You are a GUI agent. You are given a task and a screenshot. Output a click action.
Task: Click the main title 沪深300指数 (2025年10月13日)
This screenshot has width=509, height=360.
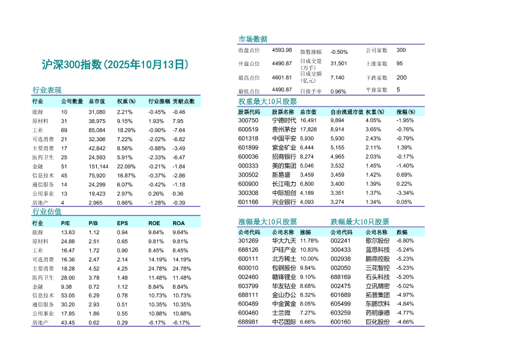(x=115, y=64)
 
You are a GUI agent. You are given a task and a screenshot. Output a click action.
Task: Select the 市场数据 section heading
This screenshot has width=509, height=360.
(x=253, y=39)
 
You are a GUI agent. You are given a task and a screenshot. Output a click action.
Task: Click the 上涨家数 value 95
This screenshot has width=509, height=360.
(x=399, y=64)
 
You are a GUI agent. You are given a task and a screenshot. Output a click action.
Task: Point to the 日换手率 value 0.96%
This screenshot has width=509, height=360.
(x=338, y=91)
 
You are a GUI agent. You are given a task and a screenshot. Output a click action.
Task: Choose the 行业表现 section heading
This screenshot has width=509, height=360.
(x=47, y=90)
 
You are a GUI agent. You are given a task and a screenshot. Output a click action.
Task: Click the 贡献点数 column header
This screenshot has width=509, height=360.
(x=183, y=102)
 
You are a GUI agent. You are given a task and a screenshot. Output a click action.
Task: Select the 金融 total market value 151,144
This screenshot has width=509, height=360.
(x=98, y=166)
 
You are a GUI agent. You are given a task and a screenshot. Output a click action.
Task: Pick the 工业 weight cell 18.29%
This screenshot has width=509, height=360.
(x=126, y=130)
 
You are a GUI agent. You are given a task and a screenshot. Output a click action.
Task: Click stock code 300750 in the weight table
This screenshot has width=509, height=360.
(x=248, y=120)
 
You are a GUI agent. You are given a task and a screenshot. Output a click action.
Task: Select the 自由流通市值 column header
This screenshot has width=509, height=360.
(x=347, y=112)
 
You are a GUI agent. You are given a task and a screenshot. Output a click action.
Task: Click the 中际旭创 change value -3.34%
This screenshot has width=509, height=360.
(x=405, y=193)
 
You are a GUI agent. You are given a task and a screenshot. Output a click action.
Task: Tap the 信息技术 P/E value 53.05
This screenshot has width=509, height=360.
(x=68, y=295)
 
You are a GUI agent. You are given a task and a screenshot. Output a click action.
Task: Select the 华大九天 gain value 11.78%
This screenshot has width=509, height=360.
(x=309, y=241)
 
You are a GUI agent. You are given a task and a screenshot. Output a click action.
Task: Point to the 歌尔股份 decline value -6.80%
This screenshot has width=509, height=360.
(x=405, y=241)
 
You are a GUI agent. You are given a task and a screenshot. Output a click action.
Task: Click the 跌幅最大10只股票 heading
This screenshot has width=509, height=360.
(x=360, y=222)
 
